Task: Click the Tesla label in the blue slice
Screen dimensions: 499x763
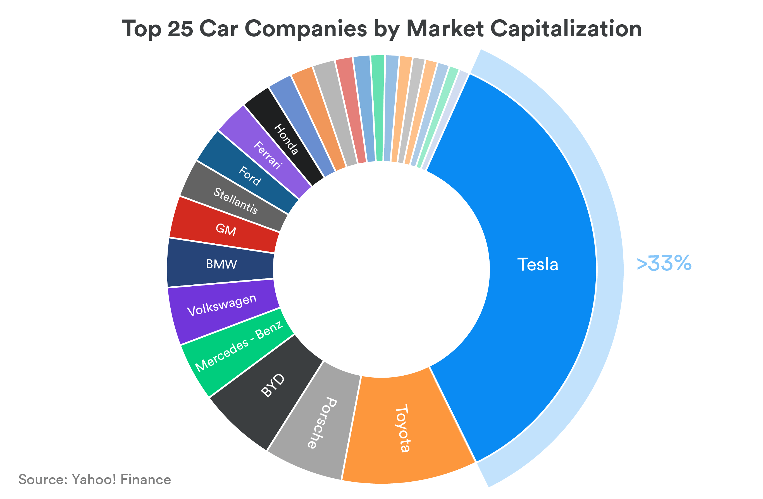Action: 538,265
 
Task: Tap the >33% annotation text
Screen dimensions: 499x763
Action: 664,263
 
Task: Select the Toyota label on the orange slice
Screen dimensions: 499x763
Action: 403,428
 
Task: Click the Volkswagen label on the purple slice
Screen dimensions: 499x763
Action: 222,305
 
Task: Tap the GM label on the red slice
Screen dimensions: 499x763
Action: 226,230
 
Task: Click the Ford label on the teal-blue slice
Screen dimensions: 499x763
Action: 250,176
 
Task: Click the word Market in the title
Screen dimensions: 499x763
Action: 445,29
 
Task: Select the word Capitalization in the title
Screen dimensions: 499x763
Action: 566,29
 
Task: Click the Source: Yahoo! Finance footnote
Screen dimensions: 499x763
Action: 95,479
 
